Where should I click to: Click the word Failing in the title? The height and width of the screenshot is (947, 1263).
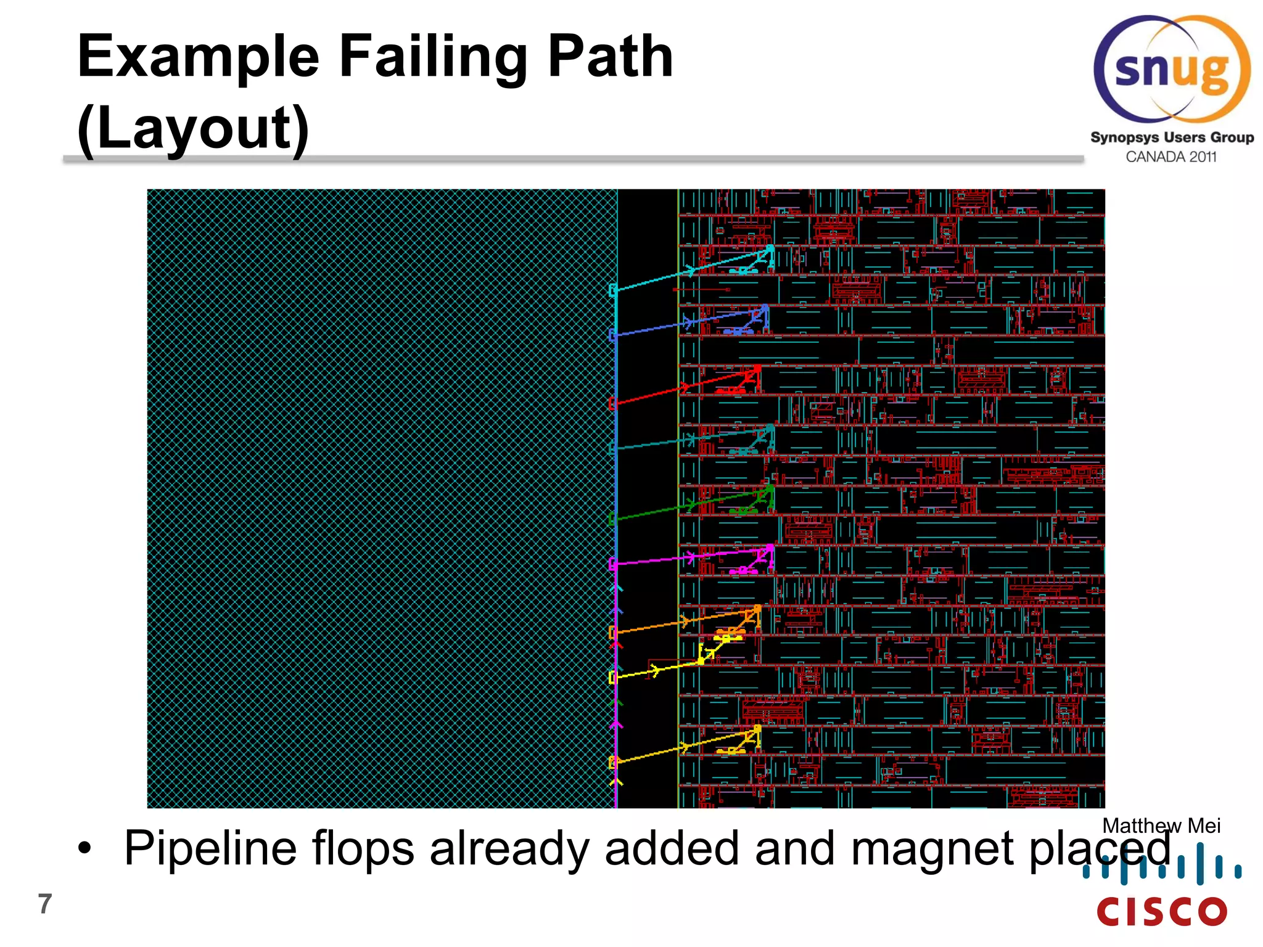tap(432, 57)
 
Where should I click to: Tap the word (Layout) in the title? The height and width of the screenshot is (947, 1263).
tap(193, 128)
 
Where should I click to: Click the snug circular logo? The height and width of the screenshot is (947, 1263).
tap(1172, 69)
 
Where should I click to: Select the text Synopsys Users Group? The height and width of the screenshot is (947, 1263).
tap(1172, 137)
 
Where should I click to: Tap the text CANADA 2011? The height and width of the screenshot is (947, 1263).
tap(1171, 157)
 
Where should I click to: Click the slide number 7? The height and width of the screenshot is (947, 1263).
tap(45, 904)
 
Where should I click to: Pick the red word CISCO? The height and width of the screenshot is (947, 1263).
tap(1162, 912)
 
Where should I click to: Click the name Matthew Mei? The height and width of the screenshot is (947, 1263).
tap(1161, 826)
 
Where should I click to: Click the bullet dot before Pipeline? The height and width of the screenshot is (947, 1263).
tap(84, 848)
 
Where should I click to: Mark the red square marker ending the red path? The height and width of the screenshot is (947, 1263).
tap(612, 404)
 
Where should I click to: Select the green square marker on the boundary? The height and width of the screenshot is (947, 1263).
tap(612, 519)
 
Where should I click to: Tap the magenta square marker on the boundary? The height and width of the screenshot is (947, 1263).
tap(612, 564)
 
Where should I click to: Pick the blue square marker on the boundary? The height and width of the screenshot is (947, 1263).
tap(612, 335)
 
